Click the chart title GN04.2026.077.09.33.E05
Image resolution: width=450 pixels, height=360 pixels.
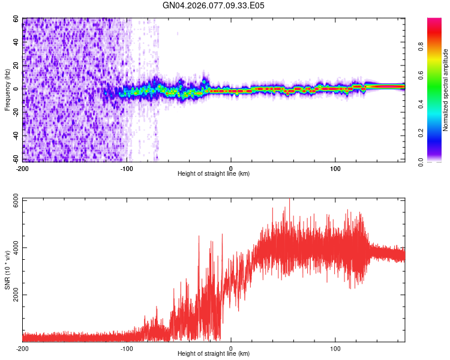coord(214,5)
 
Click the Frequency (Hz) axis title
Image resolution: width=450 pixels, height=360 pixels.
coord(7,90)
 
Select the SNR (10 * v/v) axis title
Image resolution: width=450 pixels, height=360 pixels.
coord(7,270)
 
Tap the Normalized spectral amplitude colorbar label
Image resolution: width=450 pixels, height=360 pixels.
coord(445,90)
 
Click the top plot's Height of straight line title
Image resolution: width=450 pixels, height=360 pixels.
coord(214,173)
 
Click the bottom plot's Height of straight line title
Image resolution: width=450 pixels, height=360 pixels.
coord(214,353)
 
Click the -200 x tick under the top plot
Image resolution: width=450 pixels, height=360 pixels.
coord(23,167)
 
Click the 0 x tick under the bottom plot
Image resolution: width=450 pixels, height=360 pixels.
coord(232,348)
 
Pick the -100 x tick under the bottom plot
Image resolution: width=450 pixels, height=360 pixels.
coord(127,348)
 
